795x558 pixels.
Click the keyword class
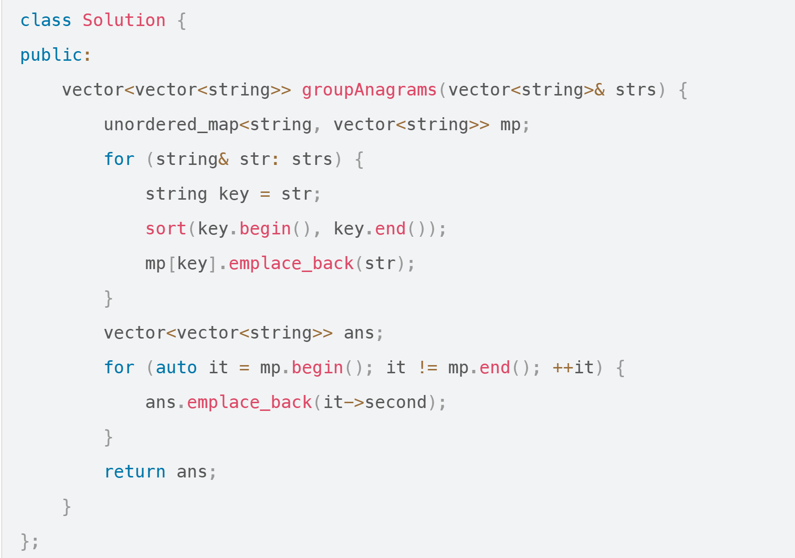(46, 21)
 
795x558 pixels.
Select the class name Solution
(124, 21)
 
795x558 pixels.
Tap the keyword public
(51, 55)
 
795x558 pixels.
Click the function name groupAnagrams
(369, 90)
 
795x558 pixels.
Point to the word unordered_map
(171, 125)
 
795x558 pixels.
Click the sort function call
(166, 229)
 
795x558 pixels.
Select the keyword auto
(176, 368)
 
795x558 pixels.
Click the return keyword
(135, 472)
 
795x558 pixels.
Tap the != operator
(427, 368)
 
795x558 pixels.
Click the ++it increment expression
(573, 368)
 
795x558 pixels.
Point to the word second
(396, 403)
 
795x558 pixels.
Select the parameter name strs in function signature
(636, 90)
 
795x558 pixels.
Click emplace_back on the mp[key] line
(291, 264)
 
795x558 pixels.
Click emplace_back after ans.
(250, 403)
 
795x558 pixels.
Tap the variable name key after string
(234, 194)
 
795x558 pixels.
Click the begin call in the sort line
(265, 229)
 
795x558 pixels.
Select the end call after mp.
(495, 368)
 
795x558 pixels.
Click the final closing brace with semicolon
(29, 542)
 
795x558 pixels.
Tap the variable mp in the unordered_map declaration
(510, 125)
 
